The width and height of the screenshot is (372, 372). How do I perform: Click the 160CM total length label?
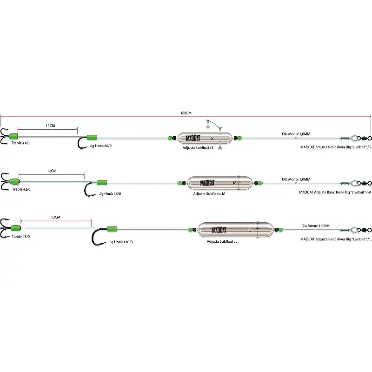[x=186, y=113]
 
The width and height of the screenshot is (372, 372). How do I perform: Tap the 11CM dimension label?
[x=50, y=126]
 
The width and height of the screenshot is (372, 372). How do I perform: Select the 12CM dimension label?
[x=52, y=171]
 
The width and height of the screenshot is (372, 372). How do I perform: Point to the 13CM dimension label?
[x=55, y=217]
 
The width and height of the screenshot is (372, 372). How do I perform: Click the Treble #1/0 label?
[x=20, y=143]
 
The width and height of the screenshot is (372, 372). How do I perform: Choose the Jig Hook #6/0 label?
[x=100, y=146]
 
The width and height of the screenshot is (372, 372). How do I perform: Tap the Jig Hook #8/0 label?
[x=110, y=193]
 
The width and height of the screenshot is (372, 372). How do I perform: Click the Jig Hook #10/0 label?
[x=121, y=242]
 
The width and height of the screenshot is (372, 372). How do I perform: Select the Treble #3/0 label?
[x=21, y=236]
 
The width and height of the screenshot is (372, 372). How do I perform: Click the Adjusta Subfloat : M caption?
[x=209, y=193]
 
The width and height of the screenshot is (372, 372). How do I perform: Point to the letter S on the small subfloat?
[x=212, y=138]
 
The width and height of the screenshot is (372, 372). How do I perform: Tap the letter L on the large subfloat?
[x=249, y=230]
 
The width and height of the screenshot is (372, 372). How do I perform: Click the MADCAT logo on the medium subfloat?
[x=207, y=183]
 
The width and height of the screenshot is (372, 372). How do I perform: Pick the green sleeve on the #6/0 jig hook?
[x=92, y=138]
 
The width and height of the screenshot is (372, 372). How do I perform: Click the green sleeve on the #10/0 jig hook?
[x=112, y=229]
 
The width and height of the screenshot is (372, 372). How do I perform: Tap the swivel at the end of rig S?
[x=365, y=138]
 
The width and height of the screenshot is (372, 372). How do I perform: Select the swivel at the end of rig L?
[x=365, y=230]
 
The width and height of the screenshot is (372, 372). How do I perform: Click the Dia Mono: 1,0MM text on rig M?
[x=296, y=179]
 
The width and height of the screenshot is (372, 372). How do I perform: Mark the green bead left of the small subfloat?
[x=170, y=138]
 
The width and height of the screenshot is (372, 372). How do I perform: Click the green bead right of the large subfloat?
[x=281, y=230]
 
